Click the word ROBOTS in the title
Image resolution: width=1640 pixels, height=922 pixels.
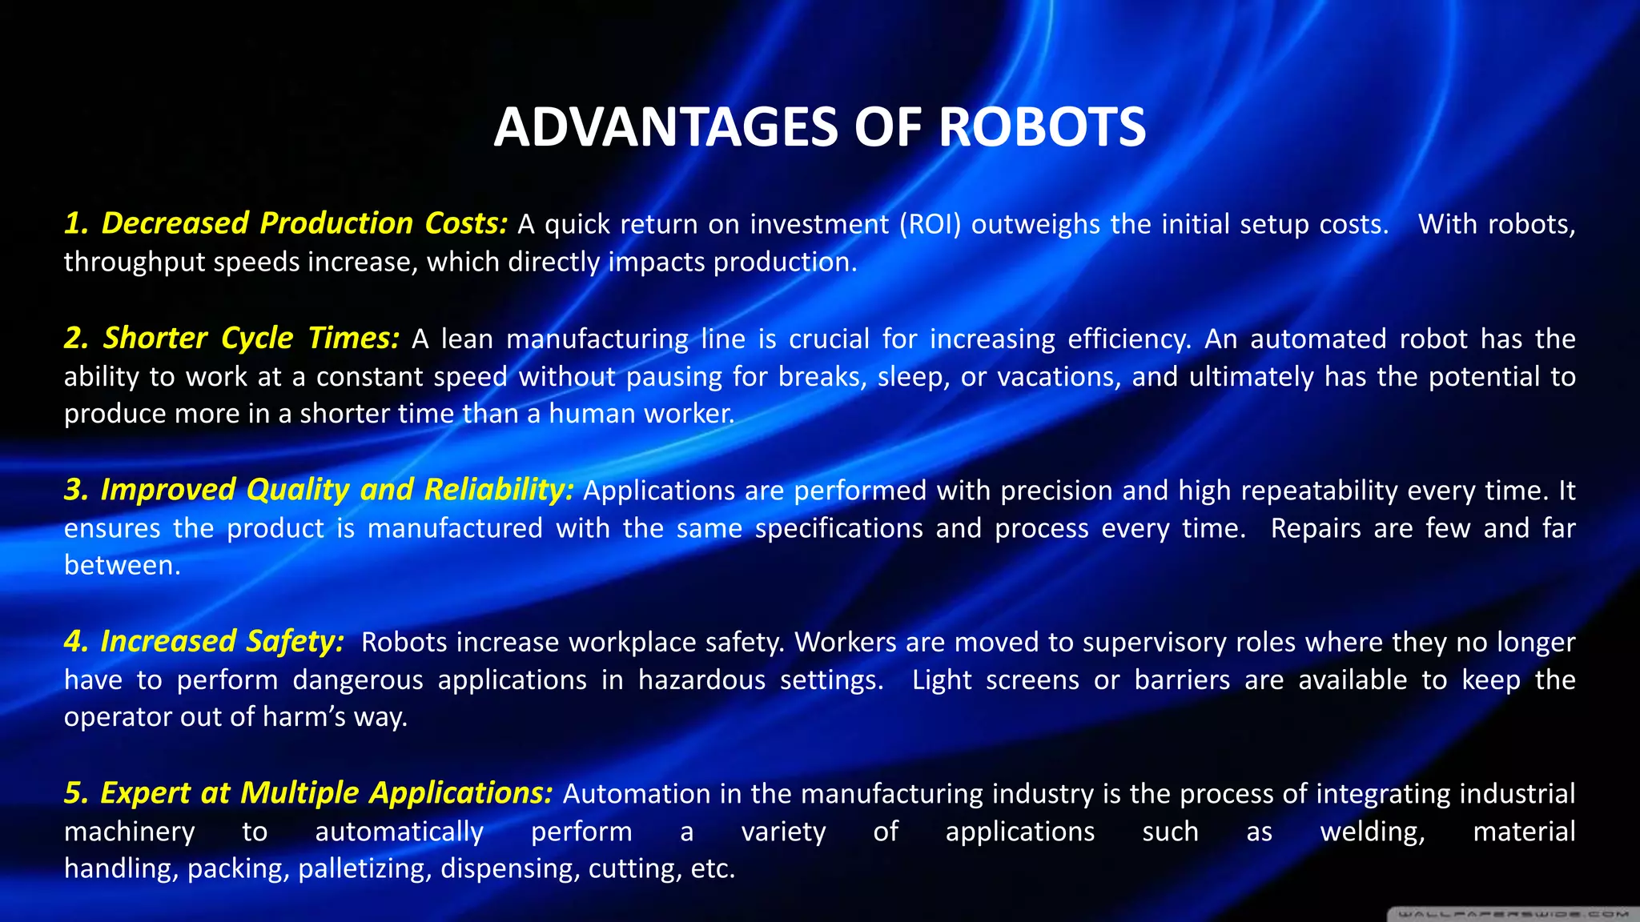coord(1042,127)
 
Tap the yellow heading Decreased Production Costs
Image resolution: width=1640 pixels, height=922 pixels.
coord(286,223)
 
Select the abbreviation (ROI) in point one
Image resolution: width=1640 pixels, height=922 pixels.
coord(930,224)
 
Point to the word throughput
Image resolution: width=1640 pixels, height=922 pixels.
coord(135,263)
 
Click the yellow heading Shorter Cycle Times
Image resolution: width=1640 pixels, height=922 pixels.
coord(231,338)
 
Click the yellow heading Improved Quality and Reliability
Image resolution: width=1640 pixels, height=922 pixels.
coord(319,490)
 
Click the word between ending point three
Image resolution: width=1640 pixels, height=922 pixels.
coord(122,565)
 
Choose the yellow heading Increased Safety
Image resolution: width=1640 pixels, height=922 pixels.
coord(204,641)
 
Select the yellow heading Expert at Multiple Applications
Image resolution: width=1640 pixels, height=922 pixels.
coord(308,792)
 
